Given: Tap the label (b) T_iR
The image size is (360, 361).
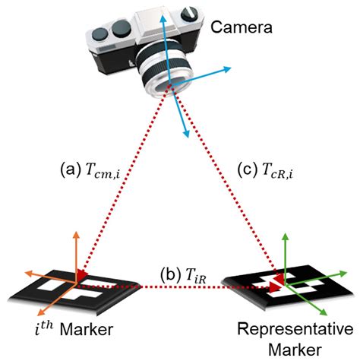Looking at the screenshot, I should [180, 272].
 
